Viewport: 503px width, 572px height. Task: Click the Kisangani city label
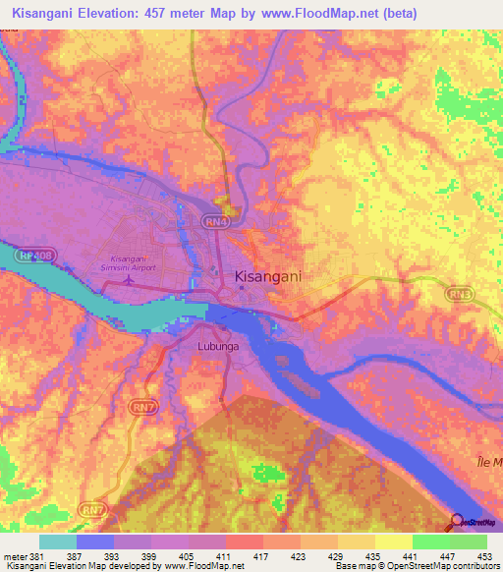click(x=268, y=278)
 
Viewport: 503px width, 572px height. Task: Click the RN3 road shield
click(x=457, y=292)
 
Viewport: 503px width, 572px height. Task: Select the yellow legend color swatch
click(x=393, y=543)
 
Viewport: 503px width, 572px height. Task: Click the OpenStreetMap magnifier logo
click(x=458, y=521)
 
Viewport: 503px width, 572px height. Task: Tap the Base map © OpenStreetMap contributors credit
click(x=415, y=565)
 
